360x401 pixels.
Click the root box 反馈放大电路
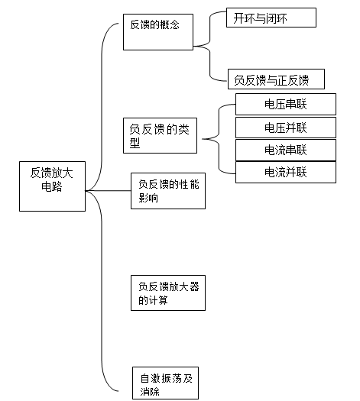[52, 186]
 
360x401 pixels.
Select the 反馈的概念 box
[158, 32]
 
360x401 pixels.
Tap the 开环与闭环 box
[271, 18]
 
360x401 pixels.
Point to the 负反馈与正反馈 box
[276, 79]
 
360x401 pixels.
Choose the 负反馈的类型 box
[161, 135]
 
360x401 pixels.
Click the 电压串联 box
[286, 104]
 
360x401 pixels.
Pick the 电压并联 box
[286, 128]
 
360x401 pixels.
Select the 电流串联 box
[286, 150]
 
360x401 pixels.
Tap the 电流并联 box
[286, 172]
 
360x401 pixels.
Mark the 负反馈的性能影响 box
[168, 191]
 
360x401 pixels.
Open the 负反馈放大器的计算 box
[168, 293]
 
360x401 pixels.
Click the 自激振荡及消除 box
[165, 383]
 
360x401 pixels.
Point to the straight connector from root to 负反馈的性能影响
[109, 191]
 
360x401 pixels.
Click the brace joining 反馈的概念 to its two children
[210, 46]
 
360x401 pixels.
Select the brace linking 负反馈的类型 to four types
[219, 139]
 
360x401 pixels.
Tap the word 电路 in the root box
[52, 186]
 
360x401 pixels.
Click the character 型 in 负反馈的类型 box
[135, 143]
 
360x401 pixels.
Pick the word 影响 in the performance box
[148, 198]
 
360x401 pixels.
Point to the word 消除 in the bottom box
[150, 391]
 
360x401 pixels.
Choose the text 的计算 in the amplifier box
[153, 300]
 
